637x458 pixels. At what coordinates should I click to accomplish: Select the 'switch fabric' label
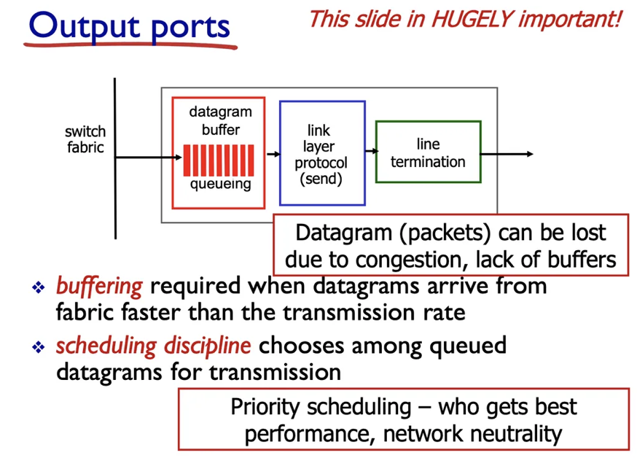pos(85,139)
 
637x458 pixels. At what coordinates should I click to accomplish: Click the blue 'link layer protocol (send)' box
pos(321,154)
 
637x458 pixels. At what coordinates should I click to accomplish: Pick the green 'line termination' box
pos(428,152)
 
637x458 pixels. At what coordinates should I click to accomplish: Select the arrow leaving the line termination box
pos(507,154)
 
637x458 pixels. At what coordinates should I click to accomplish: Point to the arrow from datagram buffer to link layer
pos(273,154)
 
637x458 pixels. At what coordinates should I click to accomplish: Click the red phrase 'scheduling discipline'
pos(154,346)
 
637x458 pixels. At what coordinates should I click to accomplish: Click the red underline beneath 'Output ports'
pos(131,46)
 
